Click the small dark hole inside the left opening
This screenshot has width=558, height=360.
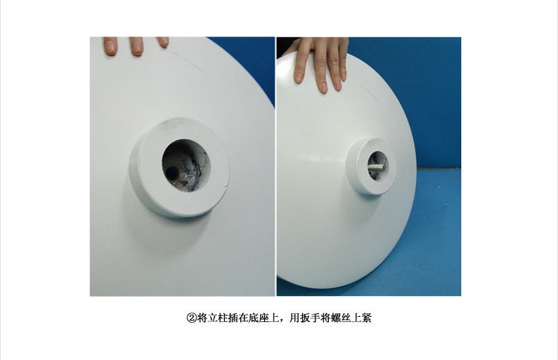click(x=172, y=173)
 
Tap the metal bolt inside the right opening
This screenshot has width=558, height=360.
click(x=376, y=167)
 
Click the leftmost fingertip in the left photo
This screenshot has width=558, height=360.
click(x=111, y=45)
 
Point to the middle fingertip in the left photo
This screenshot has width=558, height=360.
click(x=137, y=46)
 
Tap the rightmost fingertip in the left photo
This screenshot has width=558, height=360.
click(x=163, y=42)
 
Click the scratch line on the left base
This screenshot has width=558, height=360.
click(x=190, y=62)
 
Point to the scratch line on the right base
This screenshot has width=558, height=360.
click(x=371, y=91)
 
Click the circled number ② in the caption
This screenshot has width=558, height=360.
click(x=191, y=318)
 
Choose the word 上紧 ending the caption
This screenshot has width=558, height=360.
click(x=362, y=318)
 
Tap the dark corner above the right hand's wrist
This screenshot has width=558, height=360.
click(x=286, y=45)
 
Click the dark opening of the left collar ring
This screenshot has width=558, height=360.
click(x=186, y=165)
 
